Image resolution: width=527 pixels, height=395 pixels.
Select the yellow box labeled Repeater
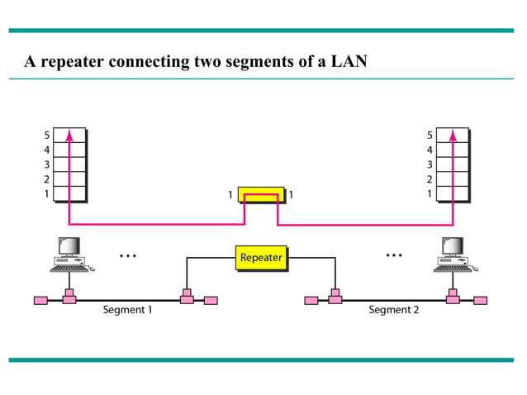pos(260,258)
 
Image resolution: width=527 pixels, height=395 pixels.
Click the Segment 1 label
pos(127,310)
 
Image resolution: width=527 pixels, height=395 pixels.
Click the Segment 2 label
pos(393,310)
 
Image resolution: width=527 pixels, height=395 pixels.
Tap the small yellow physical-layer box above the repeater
pos(260,195)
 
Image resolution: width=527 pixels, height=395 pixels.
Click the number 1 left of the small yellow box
pos(230,195)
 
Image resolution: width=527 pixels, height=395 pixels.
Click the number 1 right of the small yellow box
pos(291,195)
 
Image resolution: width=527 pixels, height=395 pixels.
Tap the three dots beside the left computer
pos(127,255)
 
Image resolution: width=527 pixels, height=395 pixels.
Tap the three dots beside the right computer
pos(394,255)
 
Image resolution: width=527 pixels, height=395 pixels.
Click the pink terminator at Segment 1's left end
pos(40,300)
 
